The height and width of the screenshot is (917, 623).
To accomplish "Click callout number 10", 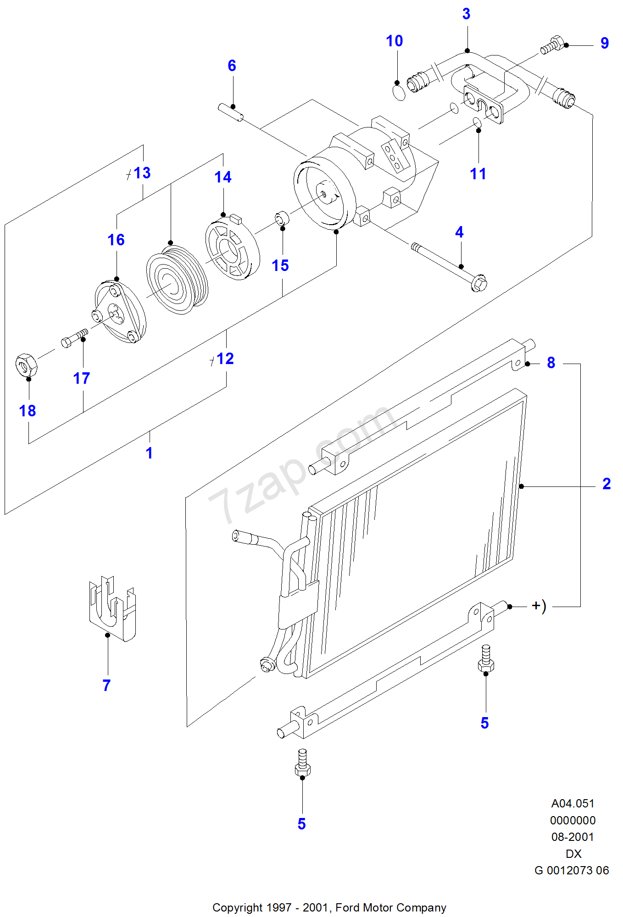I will click(394, 41).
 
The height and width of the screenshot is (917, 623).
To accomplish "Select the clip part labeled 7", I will click(112, 608).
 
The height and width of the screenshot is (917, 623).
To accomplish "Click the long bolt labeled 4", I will click(450, 266).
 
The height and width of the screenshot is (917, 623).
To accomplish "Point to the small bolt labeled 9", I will click(552, 45).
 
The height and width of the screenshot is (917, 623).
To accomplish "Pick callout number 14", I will click(223, 177).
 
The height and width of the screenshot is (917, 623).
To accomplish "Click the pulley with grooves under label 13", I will click(177, 280).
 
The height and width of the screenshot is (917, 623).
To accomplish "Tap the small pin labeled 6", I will click(231, 112).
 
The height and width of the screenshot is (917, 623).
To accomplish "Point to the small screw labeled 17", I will click(75, 337).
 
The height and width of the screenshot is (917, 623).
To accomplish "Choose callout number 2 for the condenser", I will click(606, 484).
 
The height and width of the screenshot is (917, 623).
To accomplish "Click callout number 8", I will click(551, 363).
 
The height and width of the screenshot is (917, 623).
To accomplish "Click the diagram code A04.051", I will click(573, 804).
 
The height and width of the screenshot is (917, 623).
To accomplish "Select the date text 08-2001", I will click(573, 837).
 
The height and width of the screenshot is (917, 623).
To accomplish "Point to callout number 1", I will click(149, 453).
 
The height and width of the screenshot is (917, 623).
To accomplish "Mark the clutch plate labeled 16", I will click(120, 312).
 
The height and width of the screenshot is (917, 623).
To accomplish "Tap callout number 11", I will click(478, 174).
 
